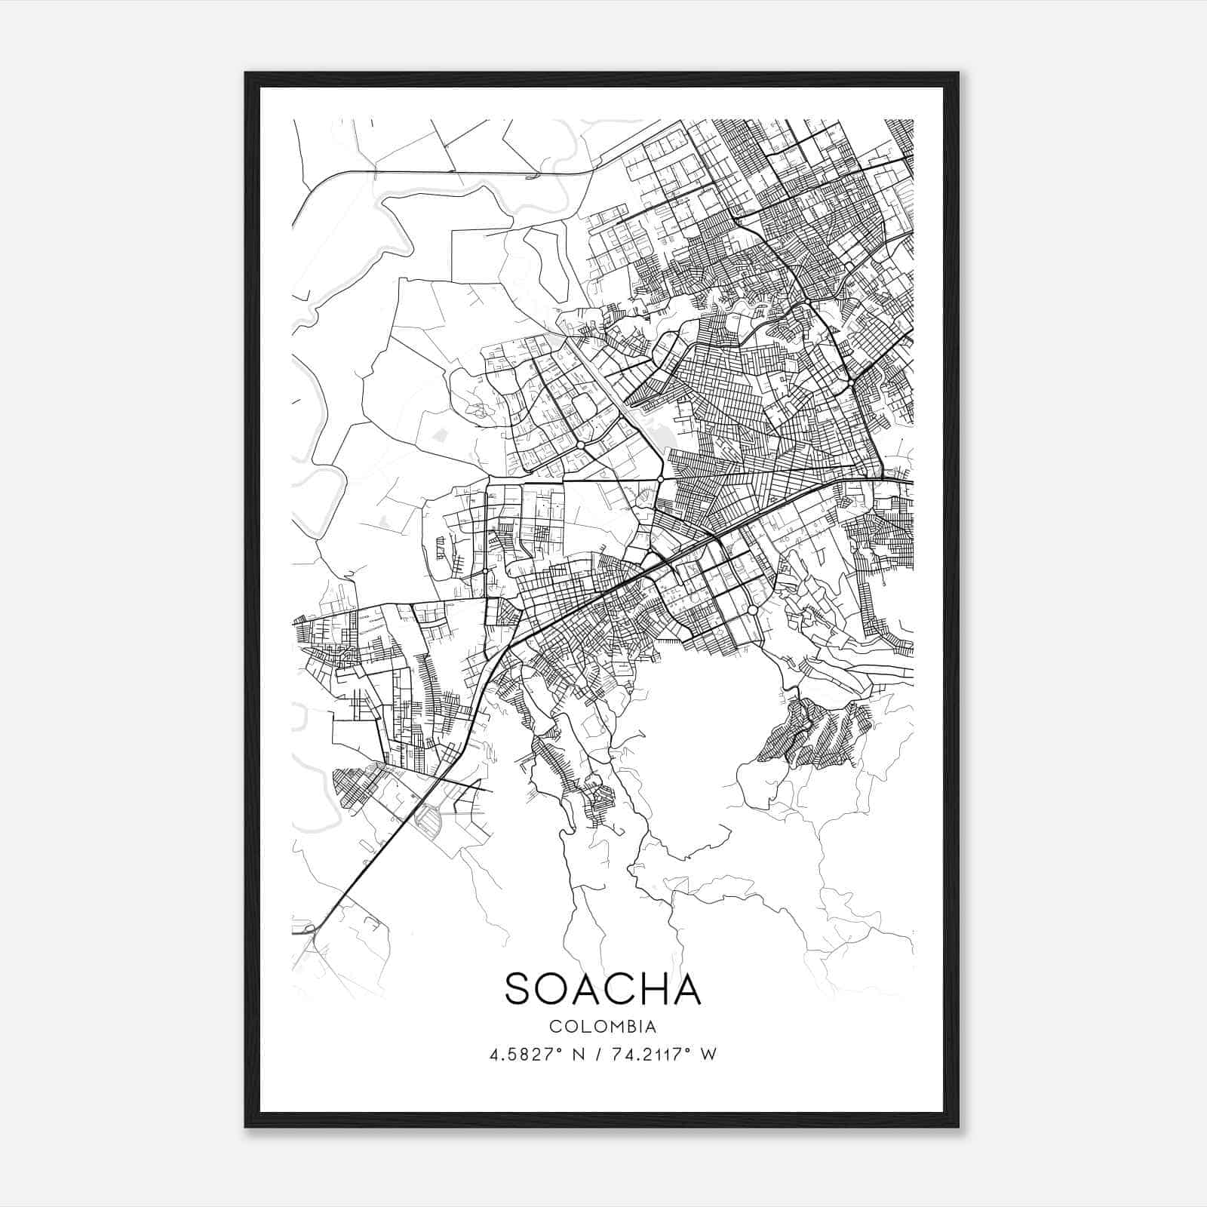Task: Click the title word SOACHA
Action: point(603,989)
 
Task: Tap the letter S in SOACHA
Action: point(520,989)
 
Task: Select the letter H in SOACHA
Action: point(652,989)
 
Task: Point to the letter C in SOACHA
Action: point(618,989)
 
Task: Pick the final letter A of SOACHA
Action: point(687,989)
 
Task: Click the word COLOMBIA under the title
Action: point(603,1027)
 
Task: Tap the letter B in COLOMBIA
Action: point(631,1027)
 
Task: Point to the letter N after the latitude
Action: point(579,1055)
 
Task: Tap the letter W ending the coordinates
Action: point(708,1055)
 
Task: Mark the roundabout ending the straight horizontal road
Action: point(660,479)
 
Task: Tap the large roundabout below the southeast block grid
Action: point(752,610)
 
